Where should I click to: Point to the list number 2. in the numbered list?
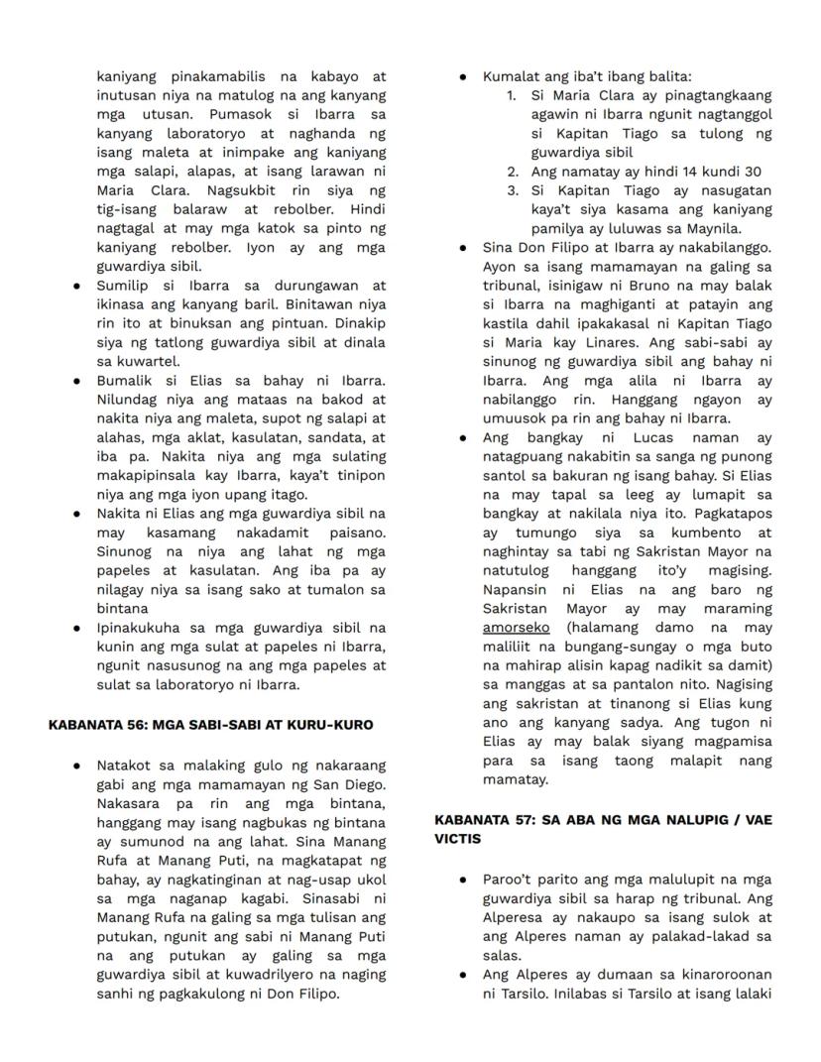coord(512,172)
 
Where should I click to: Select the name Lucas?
coord(627,437)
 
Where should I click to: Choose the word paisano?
coord(356,532)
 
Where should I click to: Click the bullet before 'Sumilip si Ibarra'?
coord(76,286)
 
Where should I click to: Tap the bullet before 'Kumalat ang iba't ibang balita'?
coord(463,76)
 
